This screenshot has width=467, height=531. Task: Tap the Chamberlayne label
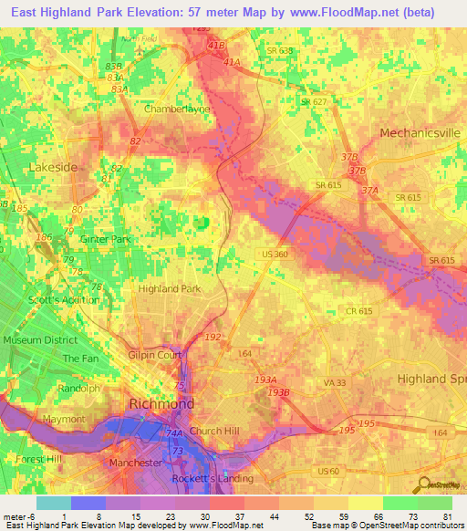tap(176, 109)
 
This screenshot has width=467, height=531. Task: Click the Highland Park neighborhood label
tap(168, 288)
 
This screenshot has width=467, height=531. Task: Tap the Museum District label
tap(40, 340)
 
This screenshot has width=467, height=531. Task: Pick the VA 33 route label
tap(335, 382)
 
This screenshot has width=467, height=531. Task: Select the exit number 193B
tap(278, 391)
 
